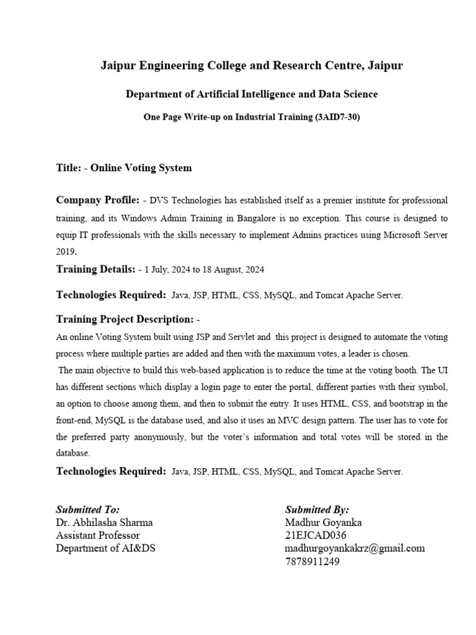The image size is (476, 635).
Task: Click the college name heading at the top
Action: click(252, 65)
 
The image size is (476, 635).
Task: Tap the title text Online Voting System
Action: click(141, 168)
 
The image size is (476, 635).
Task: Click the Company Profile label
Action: click(97, 200)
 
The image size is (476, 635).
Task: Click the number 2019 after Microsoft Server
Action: click(66, 252)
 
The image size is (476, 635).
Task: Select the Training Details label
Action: click(95, 269)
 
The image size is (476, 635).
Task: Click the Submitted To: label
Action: click(88, 510)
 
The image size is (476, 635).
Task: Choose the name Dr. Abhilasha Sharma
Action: click(104, 522)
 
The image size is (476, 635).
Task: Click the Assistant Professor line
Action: click(98, 535)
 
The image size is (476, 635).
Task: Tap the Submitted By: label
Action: click(317, 510)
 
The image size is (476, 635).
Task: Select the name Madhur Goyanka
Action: click(324, 522)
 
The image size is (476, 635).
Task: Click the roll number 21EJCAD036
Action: click(315, 535)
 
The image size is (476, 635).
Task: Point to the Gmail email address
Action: click(355, 548)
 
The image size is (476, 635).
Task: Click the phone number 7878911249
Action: click(312, 562)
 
